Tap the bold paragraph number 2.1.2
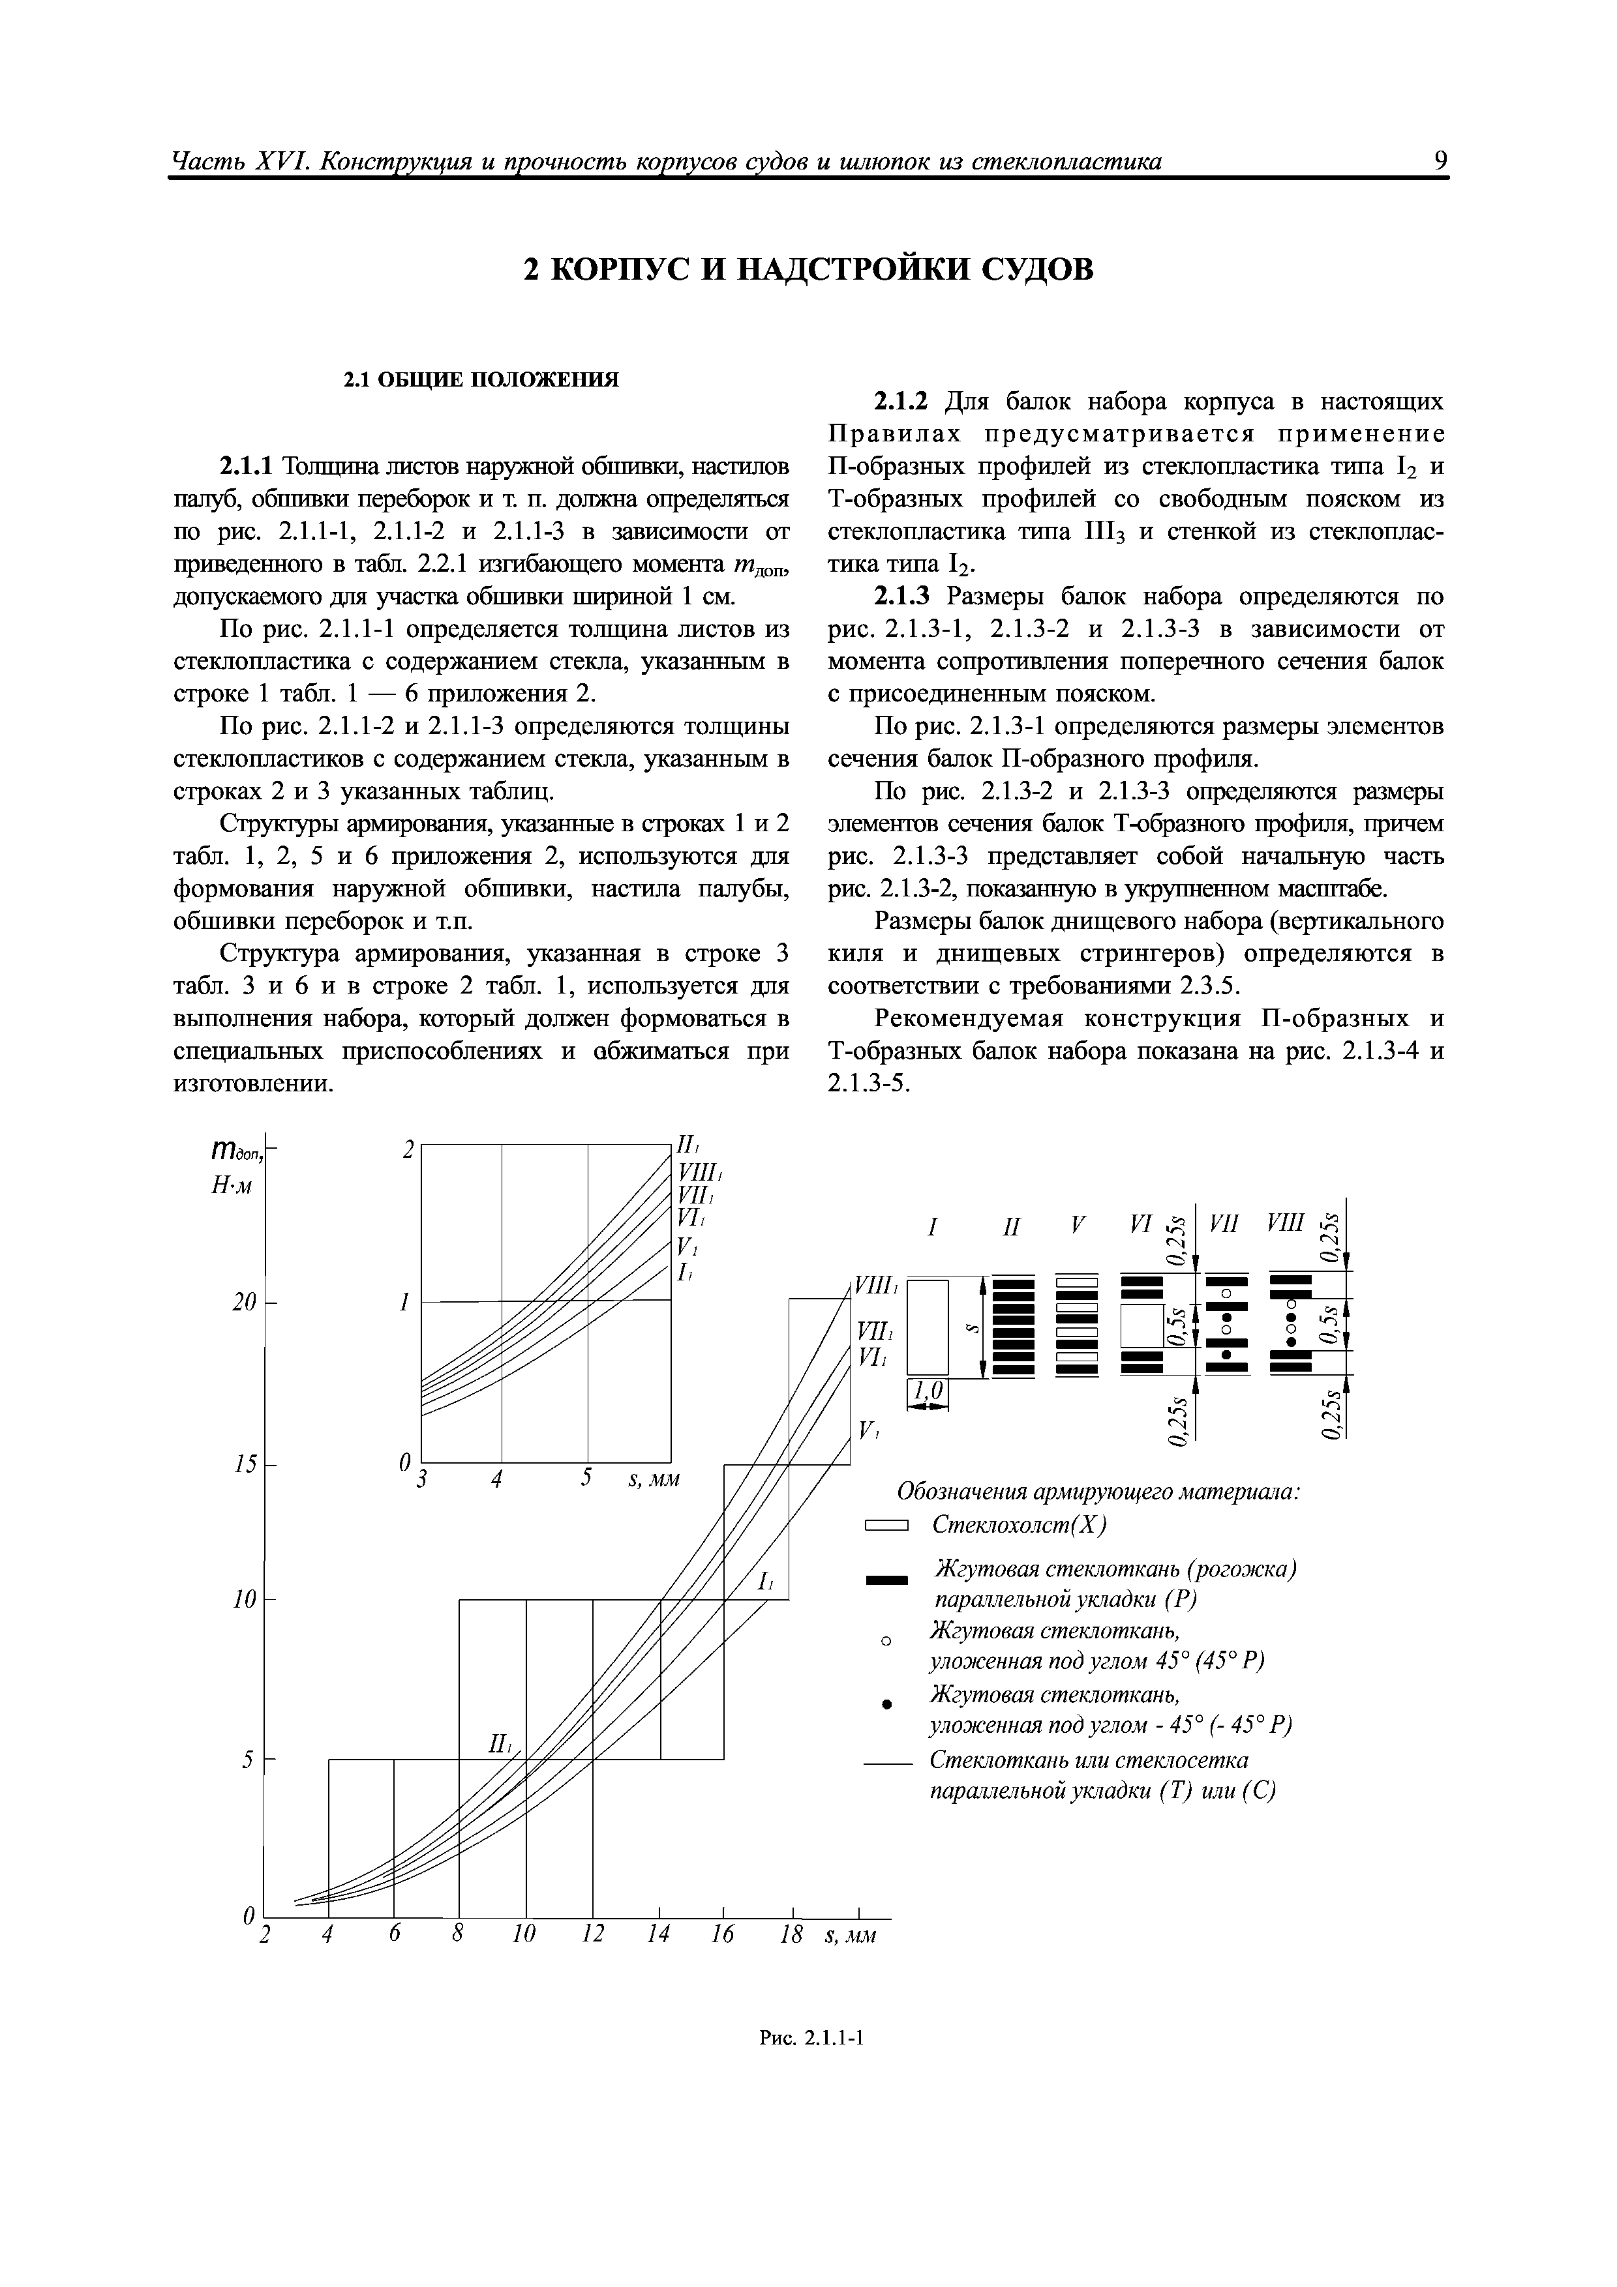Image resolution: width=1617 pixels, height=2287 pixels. (901, 402)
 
